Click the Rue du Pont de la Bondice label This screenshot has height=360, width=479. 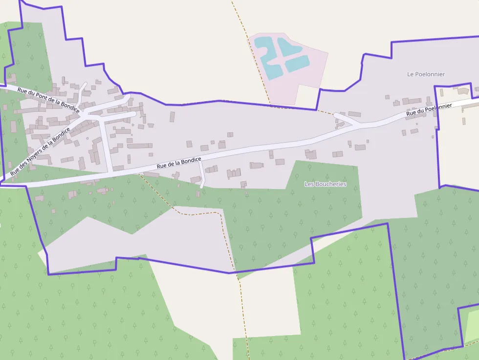(48, 99)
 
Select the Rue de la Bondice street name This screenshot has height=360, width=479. (179, 163)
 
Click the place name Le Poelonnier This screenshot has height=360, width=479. (426, 74)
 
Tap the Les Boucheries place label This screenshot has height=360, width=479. (325, 184)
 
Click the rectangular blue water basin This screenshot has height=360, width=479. (297, 63)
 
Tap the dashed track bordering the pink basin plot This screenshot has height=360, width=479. (254, 64)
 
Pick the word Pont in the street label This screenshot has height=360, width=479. (44, 98)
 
